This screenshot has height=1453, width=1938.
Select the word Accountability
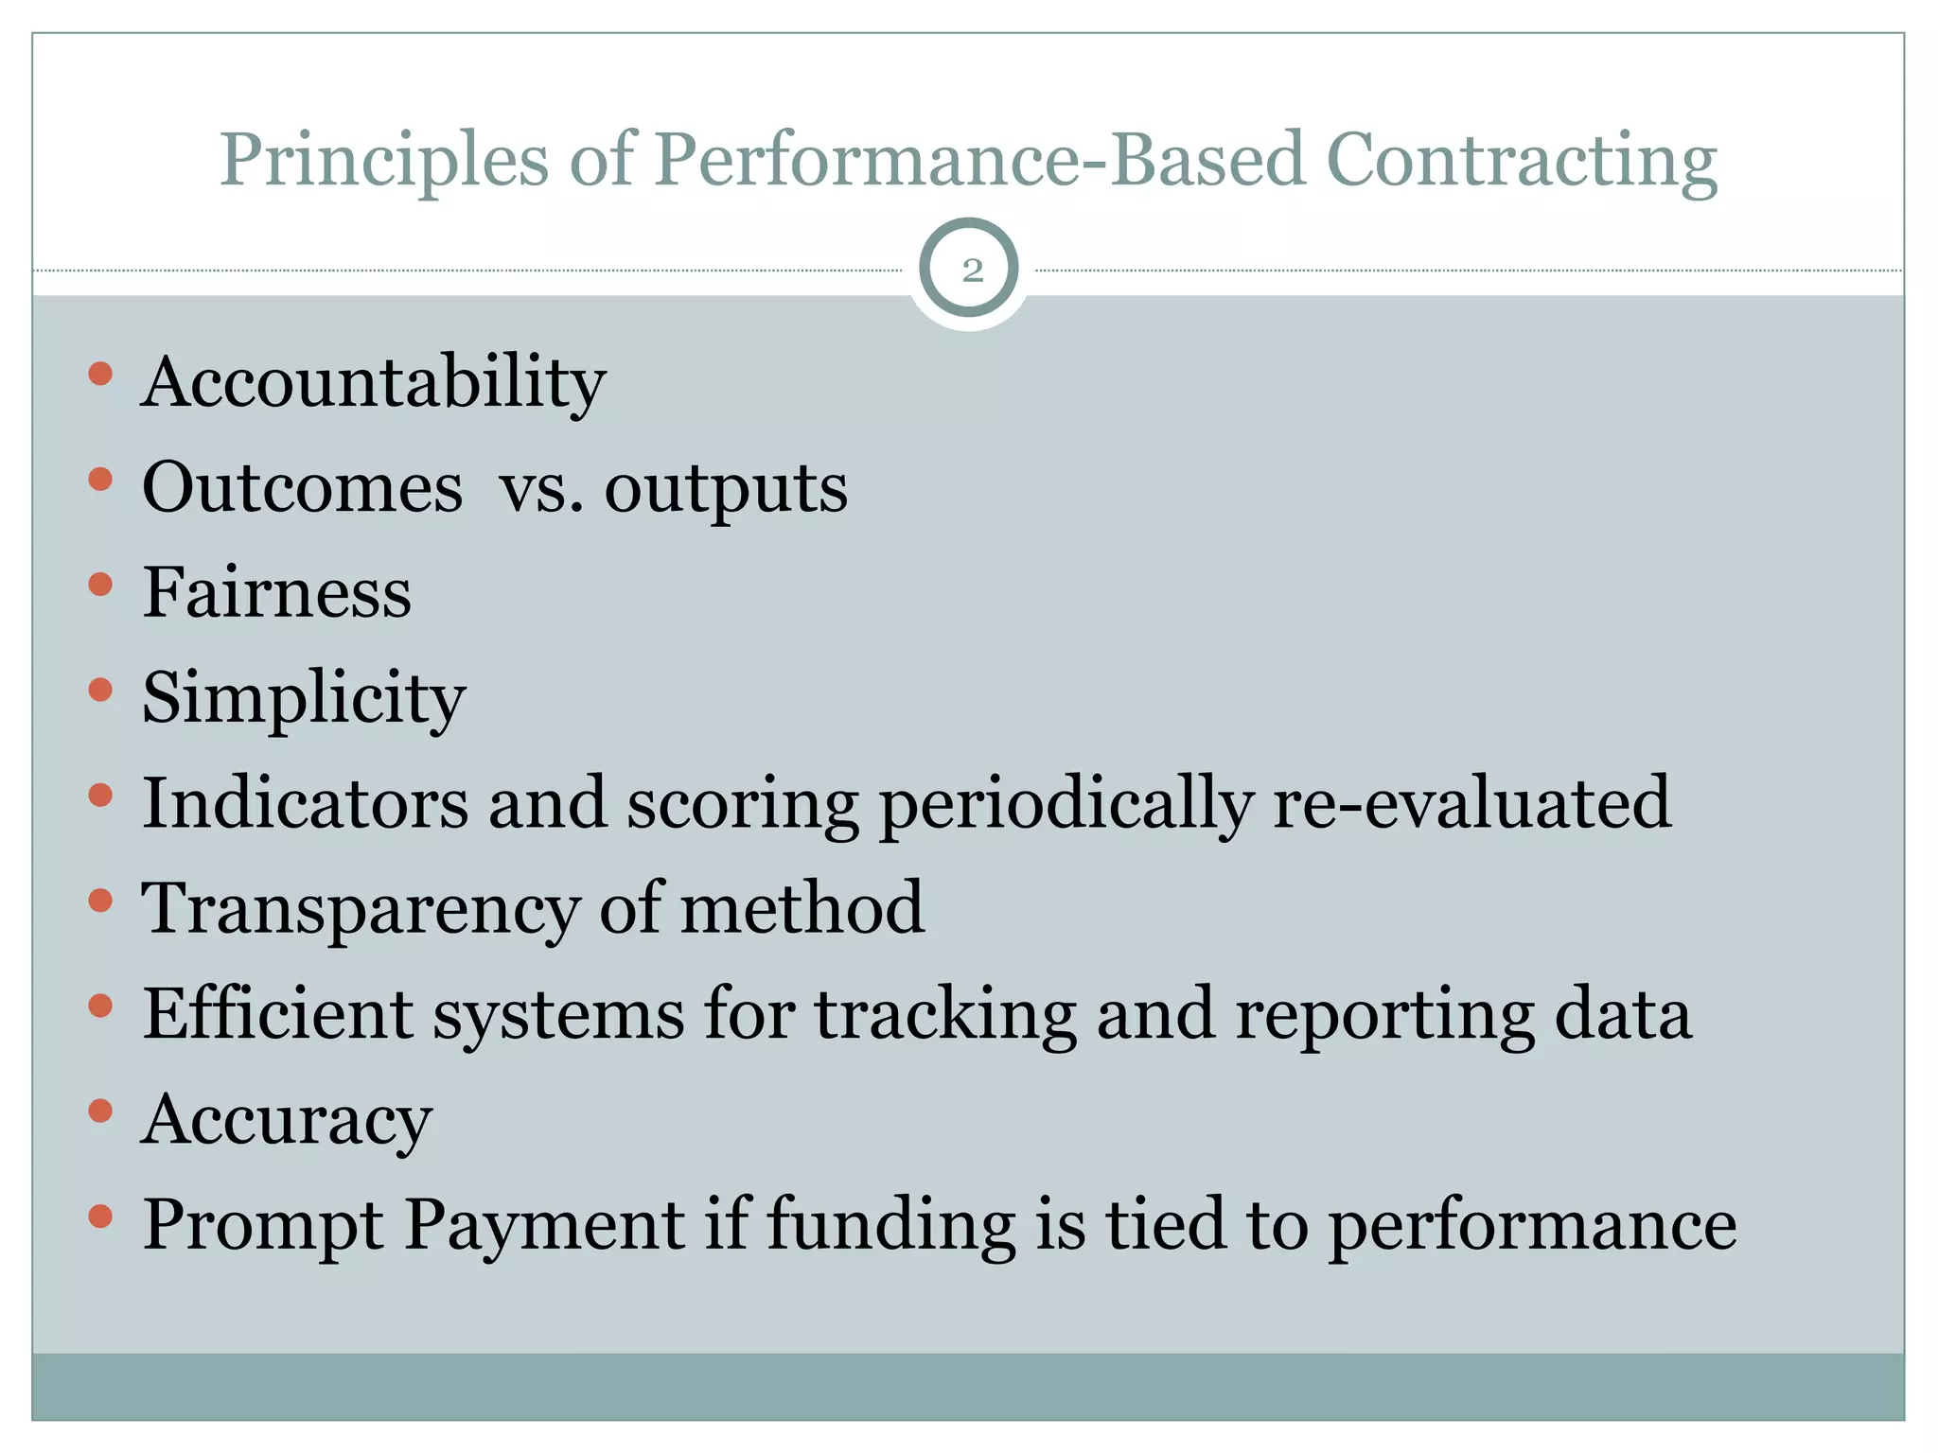pyautogui.click(x=373, y=383)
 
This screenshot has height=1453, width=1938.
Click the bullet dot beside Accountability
pyautogui.click(x=100, y=375)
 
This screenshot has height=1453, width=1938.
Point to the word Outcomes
pyautogui.click(x=302, y=489)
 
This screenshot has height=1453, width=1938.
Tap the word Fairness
pyautogui.click(x=276, y=593)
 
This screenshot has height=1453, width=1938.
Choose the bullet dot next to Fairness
pyautogui.click(x=100, y=585)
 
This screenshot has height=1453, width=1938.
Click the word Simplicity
pyautogui.click(x=303, y=699)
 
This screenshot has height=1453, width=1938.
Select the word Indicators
pyautogui.click(x=305, y=803)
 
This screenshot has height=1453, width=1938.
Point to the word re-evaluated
pyautogui.click(x=1471, y=803)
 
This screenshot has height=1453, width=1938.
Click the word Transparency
pyautogui.click(x=360, y=909)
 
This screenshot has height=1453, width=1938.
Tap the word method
pyautogui.click(x=802, y=908)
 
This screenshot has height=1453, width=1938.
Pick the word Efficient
pyautogui.click(x=276, y=1014)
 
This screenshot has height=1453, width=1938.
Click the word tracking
pyautogui.click(x=945, y=1014)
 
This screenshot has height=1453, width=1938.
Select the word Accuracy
pyautogui.click(x=287, y=1120)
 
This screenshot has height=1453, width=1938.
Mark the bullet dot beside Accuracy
pyautogui.click(x=100, y=1111)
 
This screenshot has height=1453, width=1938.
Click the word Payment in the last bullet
pyautogui.click(x=544, y=1225)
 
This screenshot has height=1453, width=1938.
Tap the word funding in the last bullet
pyautogui.click(x=890, y=1225)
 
